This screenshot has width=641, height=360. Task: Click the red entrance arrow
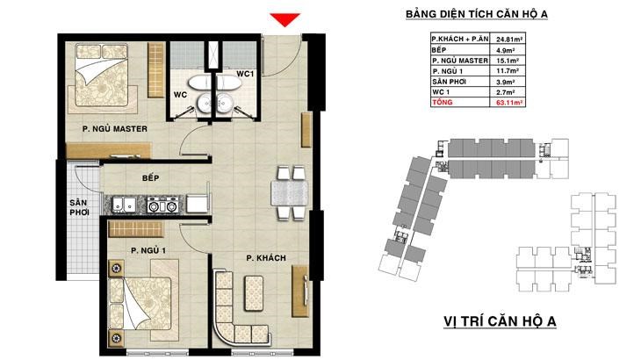[284, 19]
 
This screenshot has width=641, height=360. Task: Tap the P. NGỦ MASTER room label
[115, 129]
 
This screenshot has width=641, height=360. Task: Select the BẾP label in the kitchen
[151, 177]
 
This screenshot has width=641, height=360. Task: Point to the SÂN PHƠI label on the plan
[78, 207]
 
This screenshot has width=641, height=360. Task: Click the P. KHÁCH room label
[266, 258]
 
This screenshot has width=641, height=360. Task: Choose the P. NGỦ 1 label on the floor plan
[148, 250]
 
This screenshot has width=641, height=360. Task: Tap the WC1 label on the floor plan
[245, 74]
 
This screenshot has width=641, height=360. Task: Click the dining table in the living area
[290, 193]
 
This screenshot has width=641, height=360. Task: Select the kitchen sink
[125, 205]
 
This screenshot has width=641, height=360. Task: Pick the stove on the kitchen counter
[162, 205]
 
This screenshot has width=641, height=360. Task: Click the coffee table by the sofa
[254, 293]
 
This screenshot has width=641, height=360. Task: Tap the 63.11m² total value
[509, 103]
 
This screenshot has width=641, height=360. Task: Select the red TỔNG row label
[443, 102]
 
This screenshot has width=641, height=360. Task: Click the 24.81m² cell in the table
[510, 40]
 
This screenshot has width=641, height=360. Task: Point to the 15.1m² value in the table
[508, 61]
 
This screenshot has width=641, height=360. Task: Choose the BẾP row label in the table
[439, 50]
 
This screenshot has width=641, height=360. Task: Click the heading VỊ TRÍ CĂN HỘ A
[500, 321]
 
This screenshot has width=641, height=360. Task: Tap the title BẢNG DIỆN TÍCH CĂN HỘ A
[477, 14]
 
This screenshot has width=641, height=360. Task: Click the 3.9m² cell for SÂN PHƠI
[505, 82]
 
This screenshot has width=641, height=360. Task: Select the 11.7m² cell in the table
[508, 71]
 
